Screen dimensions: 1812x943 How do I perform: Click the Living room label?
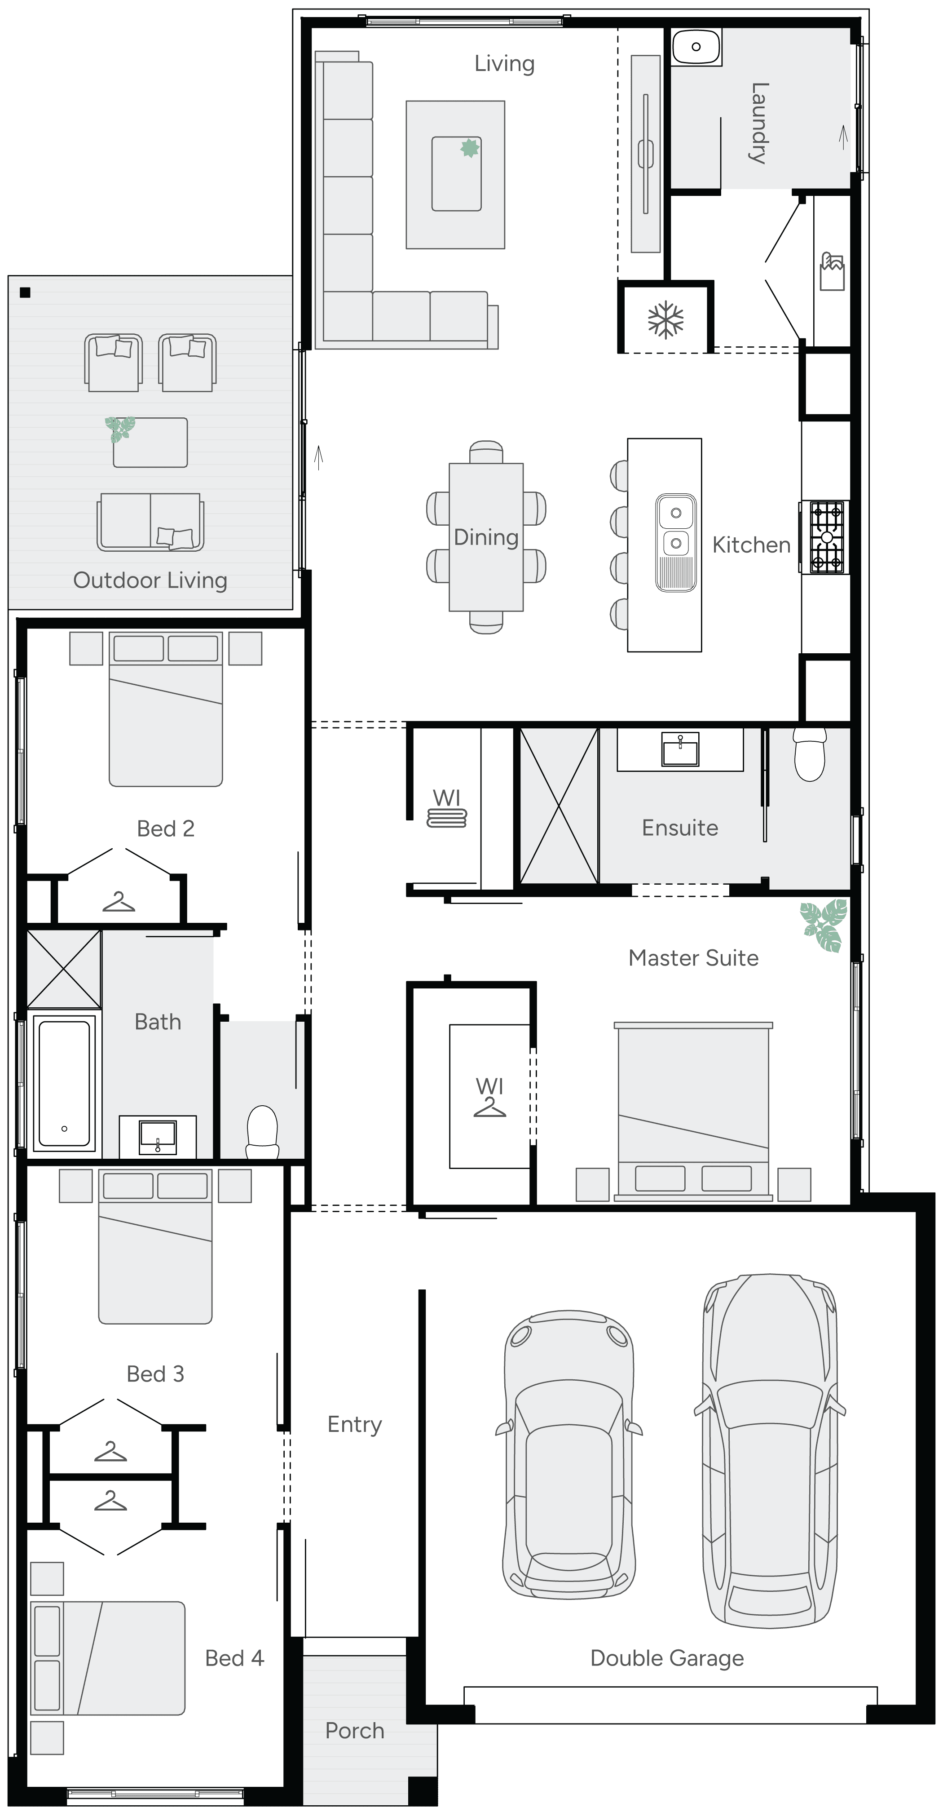504,64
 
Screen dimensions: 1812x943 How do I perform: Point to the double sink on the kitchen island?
676,542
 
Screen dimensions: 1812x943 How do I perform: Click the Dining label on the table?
486,537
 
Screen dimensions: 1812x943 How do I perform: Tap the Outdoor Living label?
150,580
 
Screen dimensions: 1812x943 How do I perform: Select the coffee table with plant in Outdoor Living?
150,442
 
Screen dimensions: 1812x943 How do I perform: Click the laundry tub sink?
696,47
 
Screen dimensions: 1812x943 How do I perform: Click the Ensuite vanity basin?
680,749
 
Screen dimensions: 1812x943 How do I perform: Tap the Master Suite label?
693,958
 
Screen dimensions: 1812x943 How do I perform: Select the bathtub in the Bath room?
64,1082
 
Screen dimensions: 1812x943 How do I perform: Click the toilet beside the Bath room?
262,1130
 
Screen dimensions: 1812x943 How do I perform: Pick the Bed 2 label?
165,828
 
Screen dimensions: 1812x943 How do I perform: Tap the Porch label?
354,1730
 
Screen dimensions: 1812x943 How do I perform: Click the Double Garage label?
667,1658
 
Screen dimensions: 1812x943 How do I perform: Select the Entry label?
354,1424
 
